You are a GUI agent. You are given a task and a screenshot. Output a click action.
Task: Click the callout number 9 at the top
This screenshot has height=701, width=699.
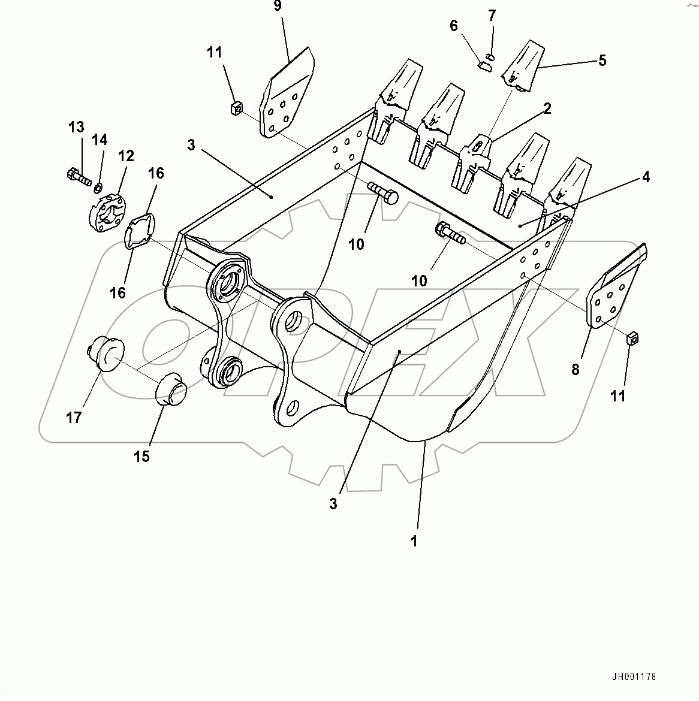[x=277, y=7]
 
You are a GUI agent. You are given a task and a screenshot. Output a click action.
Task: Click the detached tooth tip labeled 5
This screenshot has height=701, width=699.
[x=522, y=67]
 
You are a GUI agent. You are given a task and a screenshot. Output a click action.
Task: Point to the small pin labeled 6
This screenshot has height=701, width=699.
[x=484, y=65]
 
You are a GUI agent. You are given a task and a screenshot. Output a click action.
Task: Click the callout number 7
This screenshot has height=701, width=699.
[x=492, y=14]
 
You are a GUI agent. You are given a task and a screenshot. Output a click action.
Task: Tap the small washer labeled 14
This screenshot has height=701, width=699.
[x=97, y=189]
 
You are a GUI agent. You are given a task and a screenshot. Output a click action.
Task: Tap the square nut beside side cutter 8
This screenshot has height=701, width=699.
[x=632, y=340]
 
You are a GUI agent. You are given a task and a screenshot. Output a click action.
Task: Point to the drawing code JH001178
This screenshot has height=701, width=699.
[x=634, y=677]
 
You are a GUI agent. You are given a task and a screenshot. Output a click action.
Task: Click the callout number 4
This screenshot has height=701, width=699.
[x=646, y=177]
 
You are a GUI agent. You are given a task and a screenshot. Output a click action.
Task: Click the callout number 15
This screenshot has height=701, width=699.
[x=141, y=456]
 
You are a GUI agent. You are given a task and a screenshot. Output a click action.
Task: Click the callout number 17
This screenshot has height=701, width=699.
[x=74, y=417]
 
